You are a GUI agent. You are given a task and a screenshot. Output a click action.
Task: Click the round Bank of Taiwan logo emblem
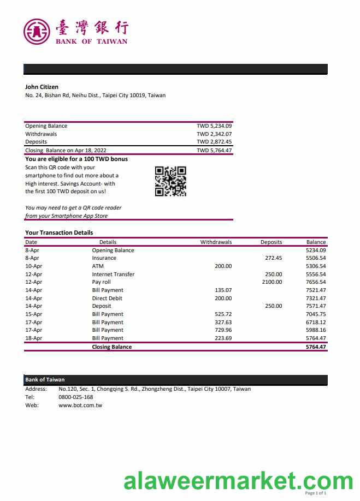coord(37,31)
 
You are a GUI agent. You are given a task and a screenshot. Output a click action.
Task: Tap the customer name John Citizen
coord(42,87)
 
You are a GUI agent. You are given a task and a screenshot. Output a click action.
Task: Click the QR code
coord(170,181)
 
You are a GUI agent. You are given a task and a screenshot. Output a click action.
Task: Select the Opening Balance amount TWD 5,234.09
coord(214,126)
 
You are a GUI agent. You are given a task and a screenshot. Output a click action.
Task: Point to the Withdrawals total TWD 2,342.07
coord(214,134)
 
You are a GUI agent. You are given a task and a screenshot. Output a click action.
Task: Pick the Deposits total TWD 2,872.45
coord(214,142)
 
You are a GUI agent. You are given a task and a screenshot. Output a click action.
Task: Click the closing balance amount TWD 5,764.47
coord(214,151)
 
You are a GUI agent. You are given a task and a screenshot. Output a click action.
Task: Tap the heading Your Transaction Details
coord(59,232)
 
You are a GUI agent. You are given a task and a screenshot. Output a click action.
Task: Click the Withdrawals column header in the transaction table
coord(216,242)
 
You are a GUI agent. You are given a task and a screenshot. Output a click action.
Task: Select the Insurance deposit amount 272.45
coord(273,258)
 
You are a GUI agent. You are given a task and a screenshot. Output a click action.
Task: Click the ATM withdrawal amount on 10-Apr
coord(223,266)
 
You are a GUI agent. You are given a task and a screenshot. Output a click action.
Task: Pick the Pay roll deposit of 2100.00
coord(272,282)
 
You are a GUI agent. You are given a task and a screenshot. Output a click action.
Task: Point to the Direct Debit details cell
coord(107,299)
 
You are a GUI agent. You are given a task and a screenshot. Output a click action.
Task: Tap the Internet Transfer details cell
coord(113,275)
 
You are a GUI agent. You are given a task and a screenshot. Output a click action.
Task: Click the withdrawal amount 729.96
coord(223,330)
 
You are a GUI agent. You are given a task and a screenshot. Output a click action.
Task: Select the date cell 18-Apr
coord(33,338)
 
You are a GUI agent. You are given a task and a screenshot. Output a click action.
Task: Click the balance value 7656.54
coord(316,282)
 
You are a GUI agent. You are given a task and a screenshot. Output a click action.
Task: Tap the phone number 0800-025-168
coord(75,397)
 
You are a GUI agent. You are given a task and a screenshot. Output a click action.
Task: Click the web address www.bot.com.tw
coord(80,405)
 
